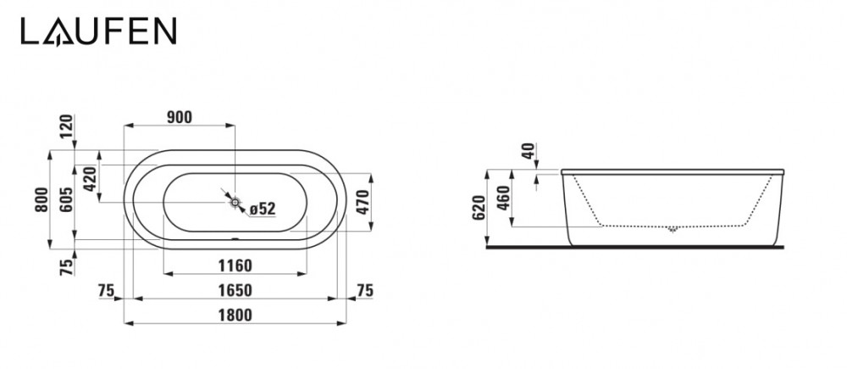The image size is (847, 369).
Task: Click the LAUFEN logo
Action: pyautogui.click(x=99, y=31)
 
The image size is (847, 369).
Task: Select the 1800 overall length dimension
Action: pyautogui.click(x=235, y=315)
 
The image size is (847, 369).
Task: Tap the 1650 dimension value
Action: pyautogui.click(x=235, y=291)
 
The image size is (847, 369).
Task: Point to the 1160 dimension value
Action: pyautogui.click(x=235, y=266)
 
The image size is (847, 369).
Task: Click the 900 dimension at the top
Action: pyautogui.click(x=180, y=117)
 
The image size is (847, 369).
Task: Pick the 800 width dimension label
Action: pyautogui.click(x=42, y=199)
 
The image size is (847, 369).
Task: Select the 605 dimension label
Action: pyautogui.click(x=66, y=199)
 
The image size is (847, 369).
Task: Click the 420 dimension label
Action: pyautogui.click(x=90, y=179)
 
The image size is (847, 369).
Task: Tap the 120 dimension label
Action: pyautogui.click(x=66, y=126)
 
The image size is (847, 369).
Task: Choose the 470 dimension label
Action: pyautogui.click(x=363, y=202)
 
